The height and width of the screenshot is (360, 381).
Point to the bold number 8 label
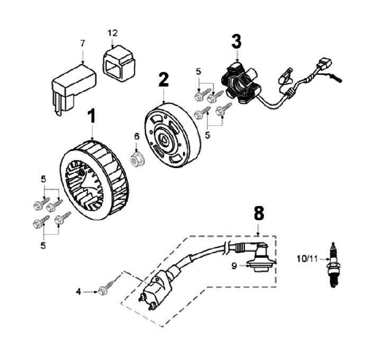(258, 214)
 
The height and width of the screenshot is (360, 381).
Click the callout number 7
(82, 43)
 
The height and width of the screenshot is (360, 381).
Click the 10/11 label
(308, 259)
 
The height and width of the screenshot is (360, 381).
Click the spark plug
(333, 265)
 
